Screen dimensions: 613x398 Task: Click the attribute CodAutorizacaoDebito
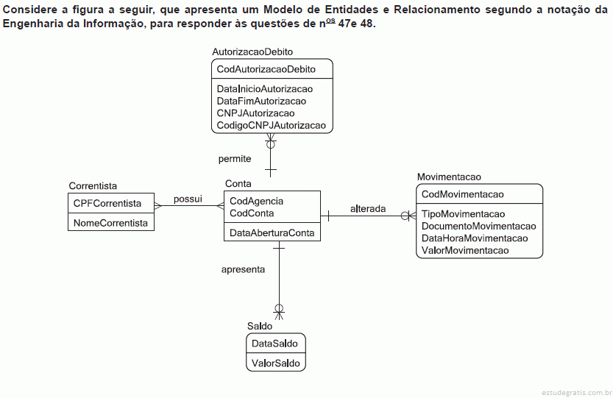[x=266, y=69]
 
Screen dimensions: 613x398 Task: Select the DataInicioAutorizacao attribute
[x=265, y=89]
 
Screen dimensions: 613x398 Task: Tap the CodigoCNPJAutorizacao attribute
[x=272, y=126]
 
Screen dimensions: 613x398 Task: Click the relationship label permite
[x=235, y=159]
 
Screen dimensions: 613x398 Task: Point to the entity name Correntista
[x=93, y=185]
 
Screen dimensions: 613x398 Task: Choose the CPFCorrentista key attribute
[x=107, y=203]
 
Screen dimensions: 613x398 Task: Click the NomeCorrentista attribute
[x=110, y=223]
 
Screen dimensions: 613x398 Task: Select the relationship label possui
[x=188, y=199]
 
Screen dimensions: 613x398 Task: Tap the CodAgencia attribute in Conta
[x=256, y=201]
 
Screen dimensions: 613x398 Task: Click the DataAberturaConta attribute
[x=272, y=233]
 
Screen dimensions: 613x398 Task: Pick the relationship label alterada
[x=368, y=209]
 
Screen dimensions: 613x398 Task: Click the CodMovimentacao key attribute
[x=462, y=194]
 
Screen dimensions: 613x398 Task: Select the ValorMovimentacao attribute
[x=465, y=251]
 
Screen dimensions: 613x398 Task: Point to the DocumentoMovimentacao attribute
[x=478, y=227]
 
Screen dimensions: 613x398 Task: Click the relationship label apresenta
[x=243, y=270]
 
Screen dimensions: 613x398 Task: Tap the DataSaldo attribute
[x=274, y=344]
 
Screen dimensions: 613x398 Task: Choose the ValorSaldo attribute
[x=276, y=363]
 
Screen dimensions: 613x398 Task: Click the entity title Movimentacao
[x=449, y=177]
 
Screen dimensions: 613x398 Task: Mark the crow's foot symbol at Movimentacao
[x=409, y=216]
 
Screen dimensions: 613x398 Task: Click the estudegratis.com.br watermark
[x=577, y=393]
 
